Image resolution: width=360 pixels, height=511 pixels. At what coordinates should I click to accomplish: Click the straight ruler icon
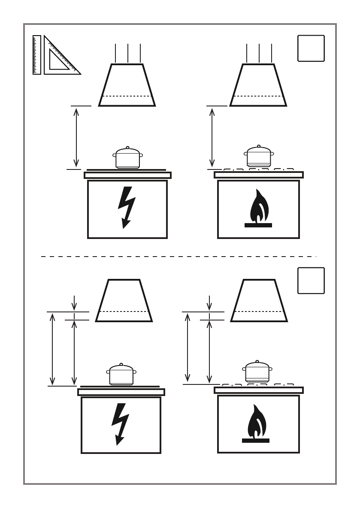(37, 55)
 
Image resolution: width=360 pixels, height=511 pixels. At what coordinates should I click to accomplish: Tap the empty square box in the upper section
(311, 48)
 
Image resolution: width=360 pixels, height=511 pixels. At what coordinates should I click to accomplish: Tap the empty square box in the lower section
(311, 281)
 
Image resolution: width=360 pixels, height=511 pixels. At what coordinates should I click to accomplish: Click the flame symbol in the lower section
(256, 424)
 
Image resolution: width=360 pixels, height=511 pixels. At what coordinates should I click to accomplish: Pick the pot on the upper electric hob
(127, 158)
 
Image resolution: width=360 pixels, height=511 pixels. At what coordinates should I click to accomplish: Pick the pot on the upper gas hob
(259, 157)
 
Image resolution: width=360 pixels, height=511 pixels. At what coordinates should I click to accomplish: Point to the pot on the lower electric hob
(121, 374)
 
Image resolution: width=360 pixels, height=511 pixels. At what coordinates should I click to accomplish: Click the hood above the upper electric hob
(127, 85)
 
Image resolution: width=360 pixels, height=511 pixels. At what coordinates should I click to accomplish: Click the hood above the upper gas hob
(259, 85)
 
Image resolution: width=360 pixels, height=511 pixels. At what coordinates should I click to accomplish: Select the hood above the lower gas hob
(259, 300)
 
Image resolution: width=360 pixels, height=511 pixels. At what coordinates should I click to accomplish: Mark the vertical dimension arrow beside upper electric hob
(76, 137)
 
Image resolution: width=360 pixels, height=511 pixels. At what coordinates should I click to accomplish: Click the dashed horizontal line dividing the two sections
(178, 257)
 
